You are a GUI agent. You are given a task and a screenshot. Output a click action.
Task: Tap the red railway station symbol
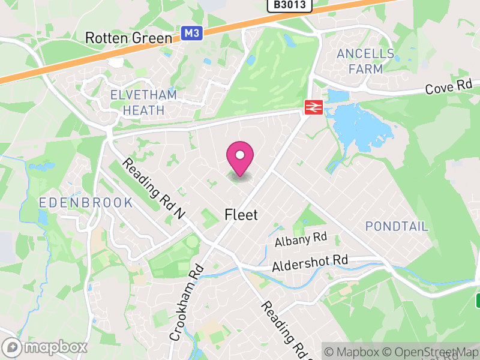313,107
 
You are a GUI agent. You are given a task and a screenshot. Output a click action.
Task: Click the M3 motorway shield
191,34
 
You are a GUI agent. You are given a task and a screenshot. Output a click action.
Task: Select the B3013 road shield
290,5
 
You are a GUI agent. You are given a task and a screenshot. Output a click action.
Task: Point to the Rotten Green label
128,37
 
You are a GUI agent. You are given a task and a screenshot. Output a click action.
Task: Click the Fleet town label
241,214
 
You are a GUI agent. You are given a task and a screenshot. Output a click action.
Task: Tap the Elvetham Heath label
143,103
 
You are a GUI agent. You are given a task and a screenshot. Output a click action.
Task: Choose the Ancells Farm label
365,61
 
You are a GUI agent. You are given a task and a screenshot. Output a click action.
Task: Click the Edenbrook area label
86,203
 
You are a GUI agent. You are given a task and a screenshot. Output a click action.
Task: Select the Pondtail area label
397,226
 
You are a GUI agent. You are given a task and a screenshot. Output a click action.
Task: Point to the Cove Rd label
449,88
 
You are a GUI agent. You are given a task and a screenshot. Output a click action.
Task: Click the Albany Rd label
301,239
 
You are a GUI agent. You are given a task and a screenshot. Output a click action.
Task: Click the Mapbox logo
45,347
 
